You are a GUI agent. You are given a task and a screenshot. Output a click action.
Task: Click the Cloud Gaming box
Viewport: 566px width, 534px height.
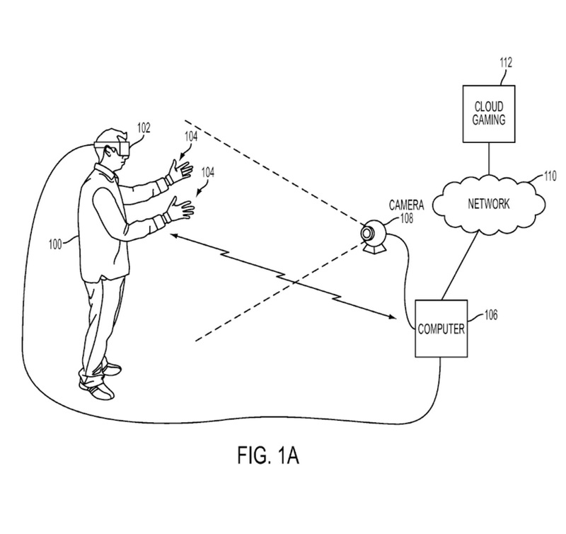point(488,113)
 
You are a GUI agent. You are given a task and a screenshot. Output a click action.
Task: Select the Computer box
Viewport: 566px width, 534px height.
point(441,330)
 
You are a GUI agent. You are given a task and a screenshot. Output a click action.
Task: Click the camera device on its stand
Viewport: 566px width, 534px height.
point(372,237)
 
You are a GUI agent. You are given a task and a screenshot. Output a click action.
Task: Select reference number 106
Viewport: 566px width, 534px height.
point(490,314)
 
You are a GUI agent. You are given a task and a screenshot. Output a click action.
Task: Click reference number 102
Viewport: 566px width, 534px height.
point(144,128)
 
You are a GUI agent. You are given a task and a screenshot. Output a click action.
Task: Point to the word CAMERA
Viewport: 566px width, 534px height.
point(406,205)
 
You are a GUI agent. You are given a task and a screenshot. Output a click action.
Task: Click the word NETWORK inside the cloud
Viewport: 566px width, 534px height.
point(489,204)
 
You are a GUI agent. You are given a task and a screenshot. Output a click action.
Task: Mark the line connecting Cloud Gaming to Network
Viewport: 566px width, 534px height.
point(488,157)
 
